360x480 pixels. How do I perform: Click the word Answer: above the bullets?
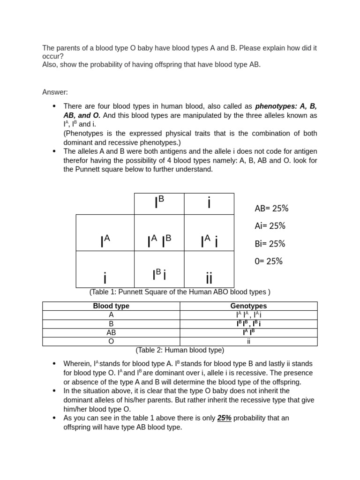coord(55,92)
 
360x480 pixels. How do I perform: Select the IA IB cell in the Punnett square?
coord(159,241)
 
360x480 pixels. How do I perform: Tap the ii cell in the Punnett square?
coord(209,277)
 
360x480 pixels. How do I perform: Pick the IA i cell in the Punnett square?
coord(209,241)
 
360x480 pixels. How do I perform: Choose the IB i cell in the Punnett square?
coord(159,274)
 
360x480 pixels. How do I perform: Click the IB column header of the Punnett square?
coord(159,202)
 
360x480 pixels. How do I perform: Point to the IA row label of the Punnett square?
coord(105,241)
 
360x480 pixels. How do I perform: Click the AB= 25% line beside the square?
coord(271,208)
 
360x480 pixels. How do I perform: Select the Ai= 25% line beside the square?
coord(270,226)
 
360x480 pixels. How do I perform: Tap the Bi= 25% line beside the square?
coord(270,244)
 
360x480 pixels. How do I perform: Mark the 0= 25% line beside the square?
coord(269,261)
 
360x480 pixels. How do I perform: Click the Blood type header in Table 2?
coord(111,306)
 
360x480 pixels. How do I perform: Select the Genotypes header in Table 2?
coord(248,306)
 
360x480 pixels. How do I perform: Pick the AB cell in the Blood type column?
coord(111,332)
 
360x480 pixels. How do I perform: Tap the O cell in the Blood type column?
coord(111,341)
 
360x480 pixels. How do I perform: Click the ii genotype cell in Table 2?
coord(248,341)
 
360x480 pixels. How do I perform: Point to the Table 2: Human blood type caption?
coord(180,350)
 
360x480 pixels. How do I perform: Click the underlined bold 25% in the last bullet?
coord(224,418)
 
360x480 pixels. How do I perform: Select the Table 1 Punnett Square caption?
coord(180,292)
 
